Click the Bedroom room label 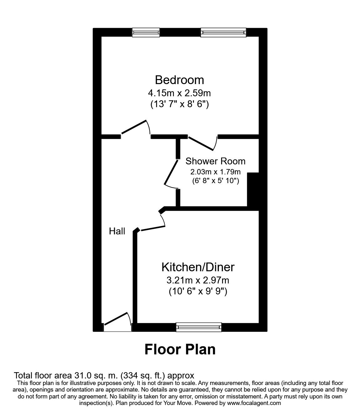point(179,80)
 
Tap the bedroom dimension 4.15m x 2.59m point(179,93)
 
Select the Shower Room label point(215,161)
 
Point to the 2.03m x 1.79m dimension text point(215,172)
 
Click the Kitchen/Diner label point(198,267)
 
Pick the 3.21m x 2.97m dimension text point(198,280)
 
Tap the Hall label point(117,231)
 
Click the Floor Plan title point(180,349)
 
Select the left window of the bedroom point(146,32)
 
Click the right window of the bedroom point(223,32)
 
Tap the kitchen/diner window point(199,327)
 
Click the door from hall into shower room point(171,174)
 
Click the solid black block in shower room point(253,189)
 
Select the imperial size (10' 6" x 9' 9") point(198,292)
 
